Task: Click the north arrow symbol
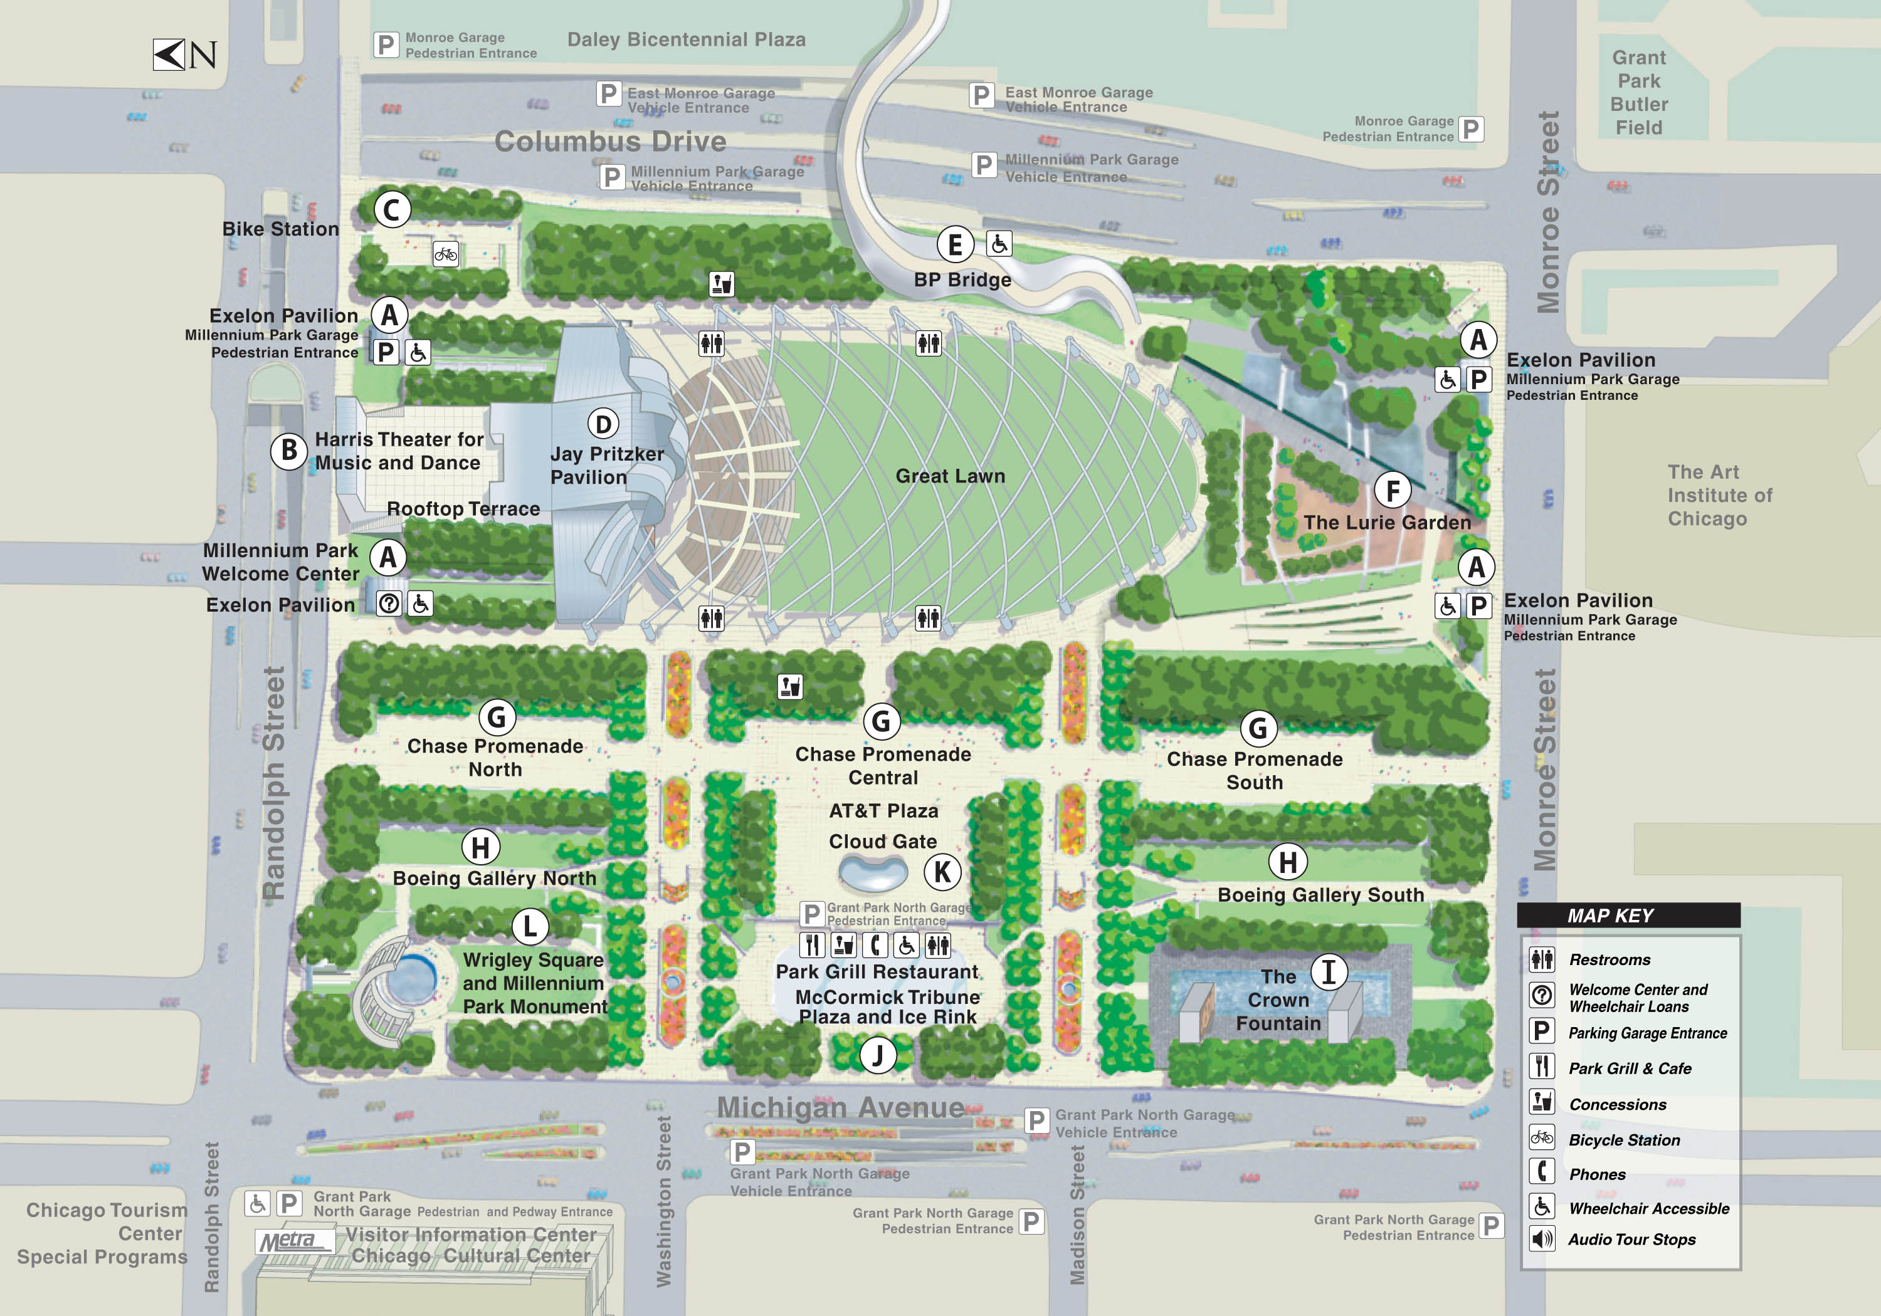[169, 55]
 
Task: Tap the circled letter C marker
[392, 210]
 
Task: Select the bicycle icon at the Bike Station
[446, 254]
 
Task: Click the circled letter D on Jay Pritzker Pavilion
[603, 424]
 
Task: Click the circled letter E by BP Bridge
[956, 244]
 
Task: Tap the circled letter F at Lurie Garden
[1392, 491]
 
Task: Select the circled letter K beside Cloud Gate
[942, 872]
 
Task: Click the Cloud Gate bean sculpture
[873, 874]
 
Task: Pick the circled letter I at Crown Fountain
[1329, 972]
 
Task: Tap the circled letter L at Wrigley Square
[530, 926]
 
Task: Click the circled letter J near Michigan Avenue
[877, 1055]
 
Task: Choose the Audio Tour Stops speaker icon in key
[1541, 1239]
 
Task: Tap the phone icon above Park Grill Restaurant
[875, 945]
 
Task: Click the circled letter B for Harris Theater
[288, 451]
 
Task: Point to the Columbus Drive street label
[610, 142]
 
